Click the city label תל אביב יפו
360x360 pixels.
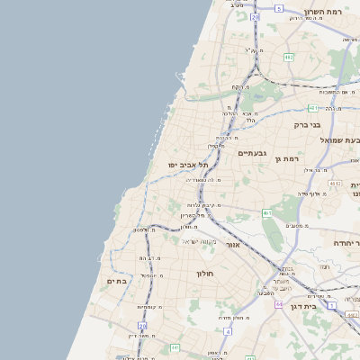tap(187, 166)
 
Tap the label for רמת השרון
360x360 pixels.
tap(324, 13)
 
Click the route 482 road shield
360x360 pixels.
tap(288, 58)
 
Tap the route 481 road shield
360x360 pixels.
tap(310, 108)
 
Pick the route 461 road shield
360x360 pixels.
tap(267, 212)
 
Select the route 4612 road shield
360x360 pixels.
tap(335, 183)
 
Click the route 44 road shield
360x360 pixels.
tap(279, 304)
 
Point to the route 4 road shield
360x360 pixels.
tap(228, 331)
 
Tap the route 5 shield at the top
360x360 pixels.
tap(279, 8)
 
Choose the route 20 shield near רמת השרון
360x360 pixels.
tap(256, 16)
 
